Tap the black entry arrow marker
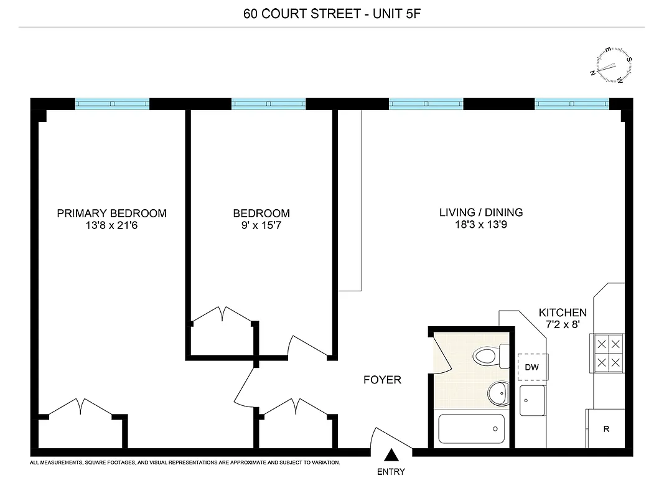(x=391, y=456)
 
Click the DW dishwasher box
(x=531, y=367)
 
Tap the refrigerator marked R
(x=606, y=429)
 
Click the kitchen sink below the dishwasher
(x=533, y=400)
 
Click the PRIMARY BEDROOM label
(x=112, y=214)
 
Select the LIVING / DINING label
(x=481, y=212)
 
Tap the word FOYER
(x=382, y=380)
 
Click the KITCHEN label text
(x=563, y=312)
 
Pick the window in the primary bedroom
(x=112, y=104)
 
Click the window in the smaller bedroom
(x=269, y=104)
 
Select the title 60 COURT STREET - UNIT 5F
(x=332, y=13)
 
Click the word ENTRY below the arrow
(x=391, y=472)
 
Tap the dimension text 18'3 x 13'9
(x=481, y=225)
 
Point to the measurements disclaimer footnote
(x=185, y=463)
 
